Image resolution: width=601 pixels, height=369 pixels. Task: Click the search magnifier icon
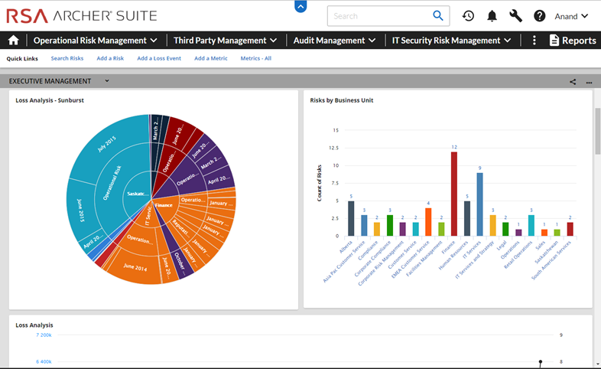pyautogui.click(x=438, y=15)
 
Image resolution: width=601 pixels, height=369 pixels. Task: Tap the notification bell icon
pyautogui.click(x=492, y=16)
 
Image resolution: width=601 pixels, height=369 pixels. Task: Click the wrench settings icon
pyautogui.click(x=515, y=16)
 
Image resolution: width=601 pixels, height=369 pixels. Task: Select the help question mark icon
pyautogui.click(x=539, y=16)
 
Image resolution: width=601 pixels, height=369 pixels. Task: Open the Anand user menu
pyautogui.click(x=571, y=16)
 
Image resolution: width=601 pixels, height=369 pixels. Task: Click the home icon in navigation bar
pyautogui.click(x=13, y=41)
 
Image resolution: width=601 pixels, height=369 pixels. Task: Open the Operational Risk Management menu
pyautogui.click(x=96, y=41)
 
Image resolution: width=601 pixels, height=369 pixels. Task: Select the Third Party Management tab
pyautogui.click(x=225, y=41)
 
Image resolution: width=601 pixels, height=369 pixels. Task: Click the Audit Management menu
pyautogui.click(x=335, y=41)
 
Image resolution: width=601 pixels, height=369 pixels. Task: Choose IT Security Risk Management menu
pyautogui.click(x=451, y=41)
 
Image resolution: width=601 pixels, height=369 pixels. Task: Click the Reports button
pyautogui.click(x=573, y=41)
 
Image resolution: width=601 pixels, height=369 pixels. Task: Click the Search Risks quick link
pyautogui.click(x=67, y=58)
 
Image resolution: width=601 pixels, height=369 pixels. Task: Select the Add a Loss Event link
pyautogui.click(x=159, y=58)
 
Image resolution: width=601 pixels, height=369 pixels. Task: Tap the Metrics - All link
pyautogui.click(x=255, y=58)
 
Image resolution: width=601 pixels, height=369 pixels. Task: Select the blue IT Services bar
pyautogui.click(x=479, y=204)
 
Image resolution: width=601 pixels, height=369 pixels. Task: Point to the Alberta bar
pyautogui.click(x=351, y=218)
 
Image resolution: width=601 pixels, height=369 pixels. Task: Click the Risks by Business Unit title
pyautogui.click(x=341, y=100)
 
